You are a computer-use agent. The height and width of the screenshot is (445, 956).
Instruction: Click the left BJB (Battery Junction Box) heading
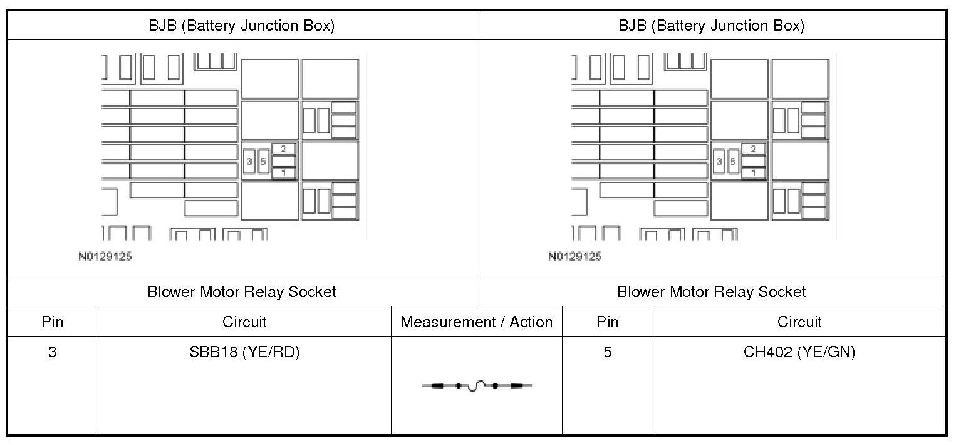tap(241, 26)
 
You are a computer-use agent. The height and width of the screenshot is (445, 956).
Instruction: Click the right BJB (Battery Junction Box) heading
tap(711, 26)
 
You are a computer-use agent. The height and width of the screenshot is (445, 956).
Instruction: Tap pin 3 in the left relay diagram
tap(249, 161)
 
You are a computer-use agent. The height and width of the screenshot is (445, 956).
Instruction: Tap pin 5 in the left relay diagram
tap(263, 161)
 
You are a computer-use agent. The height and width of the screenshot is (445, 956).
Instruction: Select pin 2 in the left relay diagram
tap(284, 149)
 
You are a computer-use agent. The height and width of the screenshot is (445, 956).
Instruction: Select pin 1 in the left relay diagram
tap(284, 173)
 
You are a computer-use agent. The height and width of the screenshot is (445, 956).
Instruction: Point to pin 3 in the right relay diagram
tap(719, 161)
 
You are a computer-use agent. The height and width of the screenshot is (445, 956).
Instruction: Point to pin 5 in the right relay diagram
tap(733, 161)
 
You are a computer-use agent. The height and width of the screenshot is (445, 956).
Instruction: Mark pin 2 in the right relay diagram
tap(754, 149)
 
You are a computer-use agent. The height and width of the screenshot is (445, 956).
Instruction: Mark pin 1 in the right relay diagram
tap(754, 173)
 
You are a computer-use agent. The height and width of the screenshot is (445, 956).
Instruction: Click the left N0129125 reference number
tap(105, 256)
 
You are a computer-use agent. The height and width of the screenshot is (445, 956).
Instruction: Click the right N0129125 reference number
tap(574, 256)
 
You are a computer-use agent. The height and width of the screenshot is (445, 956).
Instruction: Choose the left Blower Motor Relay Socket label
tap(242, 291)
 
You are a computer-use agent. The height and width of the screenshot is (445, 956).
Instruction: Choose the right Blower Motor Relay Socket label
tap(712, 291)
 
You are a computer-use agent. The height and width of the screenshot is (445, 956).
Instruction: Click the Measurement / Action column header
tap(476, 322)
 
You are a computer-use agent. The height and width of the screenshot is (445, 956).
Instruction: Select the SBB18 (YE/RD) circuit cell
tap(244, 352)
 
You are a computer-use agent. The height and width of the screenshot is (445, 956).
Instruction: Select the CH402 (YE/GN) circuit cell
tap(799, 352)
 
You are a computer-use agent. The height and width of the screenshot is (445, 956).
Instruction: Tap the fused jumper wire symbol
tap(477, 385)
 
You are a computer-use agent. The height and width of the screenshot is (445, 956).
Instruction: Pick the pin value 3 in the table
tap(52, 352)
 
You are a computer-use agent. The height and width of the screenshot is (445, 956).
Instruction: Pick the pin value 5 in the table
tap(607, 352)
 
